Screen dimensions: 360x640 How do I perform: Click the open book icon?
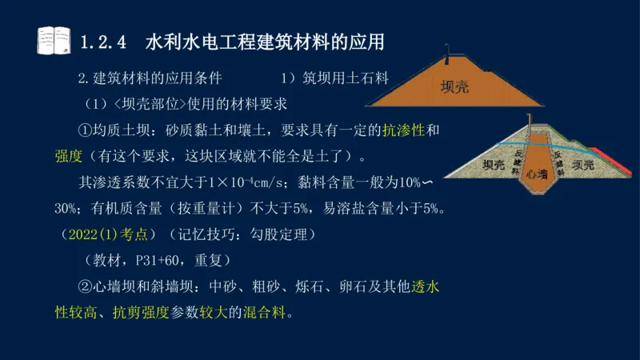coord(54,40)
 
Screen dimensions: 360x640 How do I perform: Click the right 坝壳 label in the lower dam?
coord(582,164)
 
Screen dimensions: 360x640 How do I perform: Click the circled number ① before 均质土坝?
coord(86,130)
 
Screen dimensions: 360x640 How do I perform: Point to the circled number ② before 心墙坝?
coord(86,286)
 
